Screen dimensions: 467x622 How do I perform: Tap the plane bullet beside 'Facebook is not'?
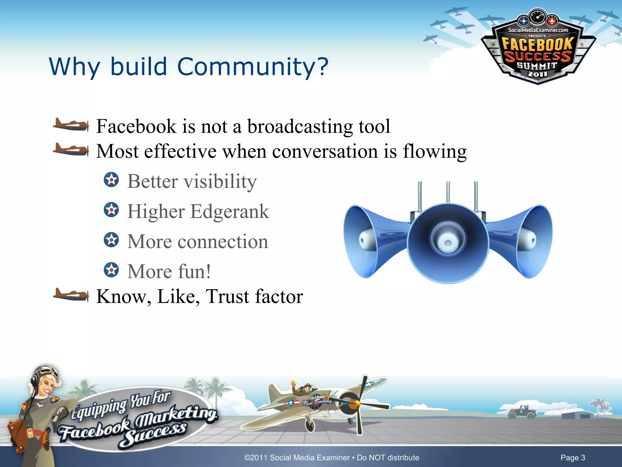click(71, 125)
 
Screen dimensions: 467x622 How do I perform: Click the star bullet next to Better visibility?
click(111, 180)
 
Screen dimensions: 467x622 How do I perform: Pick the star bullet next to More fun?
click(111, 270)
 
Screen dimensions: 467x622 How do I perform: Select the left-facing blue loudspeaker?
click(374, 240)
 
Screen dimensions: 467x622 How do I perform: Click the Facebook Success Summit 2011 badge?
click(538, 49)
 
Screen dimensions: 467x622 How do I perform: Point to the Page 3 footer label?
click(573, 458)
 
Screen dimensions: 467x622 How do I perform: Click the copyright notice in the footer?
click(332, 458)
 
